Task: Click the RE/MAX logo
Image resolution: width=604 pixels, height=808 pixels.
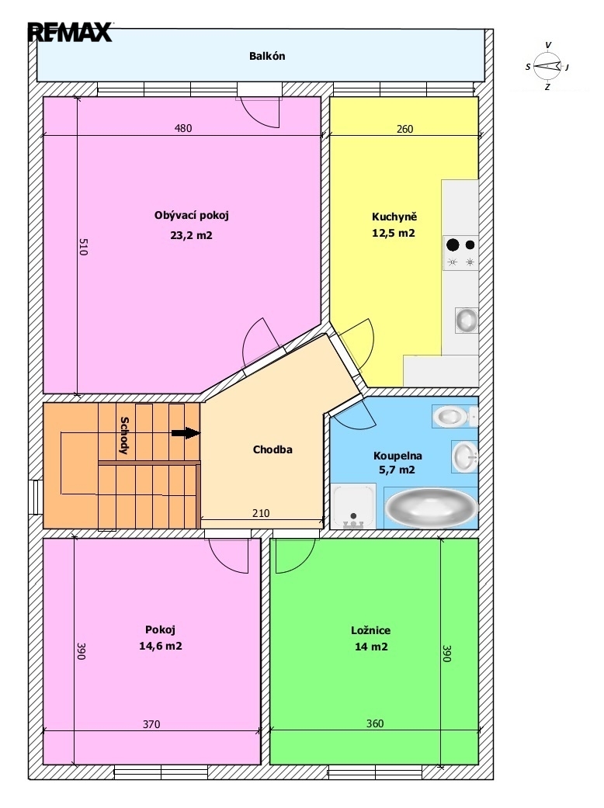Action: (70, 32)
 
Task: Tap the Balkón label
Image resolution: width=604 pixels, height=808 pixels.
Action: (267, 56)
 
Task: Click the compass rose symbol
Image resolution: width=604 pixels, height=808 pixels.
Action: (547, 66)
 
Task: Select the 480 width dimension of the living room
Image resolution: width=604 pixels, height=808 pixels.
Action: (183, 128)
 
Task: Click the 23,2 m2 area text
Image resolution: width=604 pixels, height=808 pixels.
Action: (191, 235)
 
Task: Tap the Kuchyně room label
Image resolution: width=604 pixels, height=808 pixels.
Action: (394, 217)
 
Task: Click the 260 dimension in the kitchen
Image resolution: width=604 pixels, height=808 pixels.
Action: (404, 129)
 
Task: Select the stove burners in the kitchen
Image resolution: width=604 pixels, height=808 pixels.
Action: (460, 253)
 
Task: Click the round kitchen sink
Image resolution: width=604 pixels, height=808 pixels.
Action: (467, 320)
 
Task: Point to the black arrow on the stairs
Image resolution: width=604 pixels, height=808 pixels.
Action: (186, 433)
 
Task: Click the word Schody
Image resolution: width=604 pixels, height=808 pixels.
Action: (124, 435)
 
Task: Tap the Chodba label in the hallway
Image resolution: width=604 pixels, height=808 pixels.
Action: (272, 449)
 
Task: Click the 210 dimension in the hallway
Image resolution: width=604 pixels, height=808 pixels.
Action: (261, 513)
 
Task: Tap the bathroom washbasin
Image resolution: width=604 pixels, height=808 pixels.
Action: (465, 456)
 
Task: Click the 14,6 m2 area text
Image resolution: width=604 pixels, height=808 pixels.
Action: (160, 646)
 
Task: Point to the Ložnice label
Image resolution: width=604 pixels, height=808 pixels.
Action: (370, 630)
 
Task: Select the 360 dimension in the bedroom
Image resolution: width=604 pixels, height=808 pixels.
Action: (375, 723)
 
